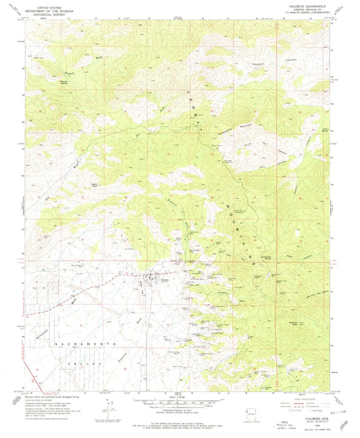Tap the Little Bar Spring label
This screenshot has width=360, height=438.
tap(248, 250)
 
